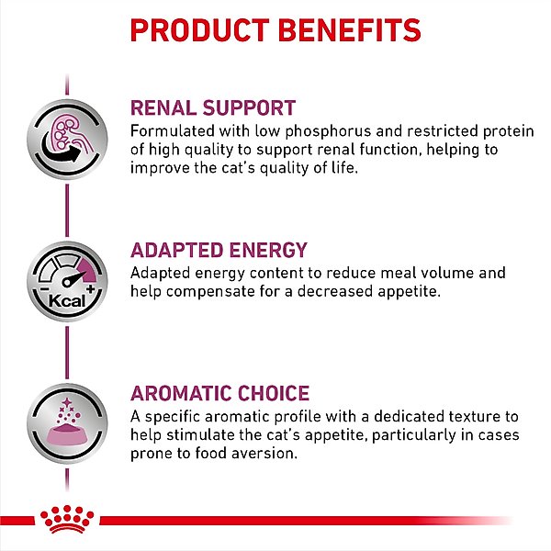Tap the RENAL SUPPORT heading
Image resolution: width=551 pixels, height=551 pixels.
pos(213,107)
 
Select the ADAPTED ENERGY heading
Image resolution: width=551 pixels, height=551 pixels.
pos(219,251)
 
